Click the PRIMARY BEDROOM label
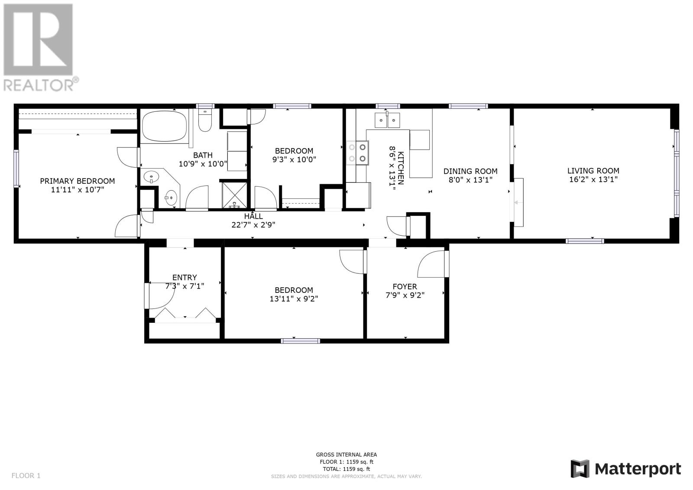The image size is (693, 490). (x=78, y=181)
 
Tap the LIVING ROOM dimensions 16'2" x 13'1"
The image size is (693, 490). (x=593, y=179)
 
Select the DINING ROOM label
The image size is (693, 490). (x=470, y=171)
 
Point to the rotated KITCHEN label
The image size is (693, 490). (x=400, y=168)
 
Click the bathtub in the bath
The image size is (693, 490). (x=164, y=127)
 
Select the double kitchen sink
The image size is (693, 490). (x=387, y=120)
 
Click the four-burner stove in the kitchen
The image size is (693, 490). (x=357, y=153)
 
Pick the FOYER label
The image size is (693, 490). (x=405, y=287)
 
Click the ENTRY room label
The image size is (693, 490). (x=185, y=277)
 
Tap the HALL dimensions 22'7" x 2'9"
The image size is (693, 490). (x=253, y=225)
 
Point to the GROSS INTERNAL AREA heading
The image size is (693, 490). (x=346, y=455)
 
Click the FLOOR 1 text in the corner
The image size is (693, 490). (x=26, y=476)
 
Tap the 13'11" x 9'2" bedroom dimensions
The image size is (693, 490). (x=294, y=299)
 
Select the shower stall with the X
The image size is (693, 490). (x=235, y=195)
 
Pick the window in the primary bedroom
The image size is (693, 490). (x=16, y=169)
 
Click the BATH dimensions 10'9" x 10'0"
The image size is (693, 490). (x=203, y=164)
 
